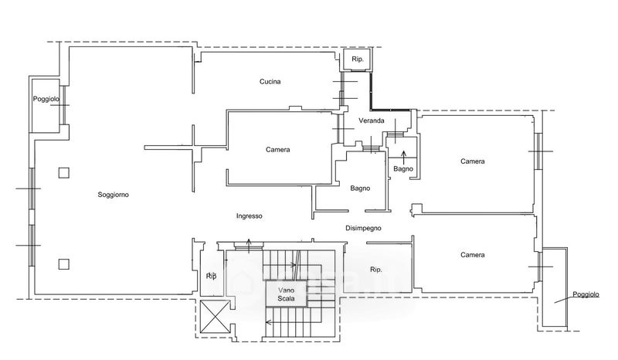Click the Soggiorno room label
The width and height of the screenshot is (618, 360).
(x=113, y=195)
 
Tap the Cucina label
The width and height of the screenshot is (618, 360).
(x=270, y=82)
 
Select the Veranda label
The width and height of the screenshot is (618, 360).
(x=372, y=121)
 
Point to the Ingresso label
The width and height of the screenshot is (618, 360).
(x=249, y=216)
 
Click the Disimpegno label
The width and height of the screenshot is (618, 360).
(x=363, y=228)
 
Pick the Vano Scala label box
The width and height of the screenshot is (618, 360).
(x=286, y=294)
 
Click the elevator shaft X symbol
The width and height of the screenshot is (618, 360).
(x=215, y=316)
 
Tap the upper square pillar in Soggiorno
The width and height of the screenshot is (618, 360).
(x=64, y=173)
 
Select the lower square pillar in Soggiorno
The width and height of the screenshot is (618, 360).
(x=64, y=263)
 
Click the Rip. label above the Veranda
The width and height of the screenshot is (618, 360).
(x=358, y=59)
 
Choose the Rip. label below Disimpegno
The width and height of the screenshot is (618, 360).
(x=376, y=270)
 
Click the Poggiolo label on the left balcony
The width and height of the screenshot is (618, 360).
(x=46, y=99)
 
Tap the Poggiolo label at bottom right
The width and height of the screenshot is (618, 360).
(x=586, y=294)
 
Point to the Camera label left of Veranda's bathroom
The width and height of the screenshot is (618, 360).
(x=278, y=150)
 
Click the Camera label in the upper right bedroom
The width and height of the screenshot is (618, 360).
(x=473, y=161)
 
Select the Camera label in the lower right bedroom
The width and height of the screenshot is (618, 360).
(x=473, y=255)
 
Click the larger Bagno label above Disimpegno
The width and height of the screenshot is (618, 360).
(x=360, y=188)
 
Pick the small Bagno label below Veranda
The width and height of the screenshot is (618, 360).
(x=403, y=168)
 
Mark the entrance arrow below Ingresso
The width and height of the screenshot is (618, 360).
(x=249, y=246)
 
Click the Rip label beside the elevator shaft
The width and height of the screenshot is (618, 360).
(x=211, y=276)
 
